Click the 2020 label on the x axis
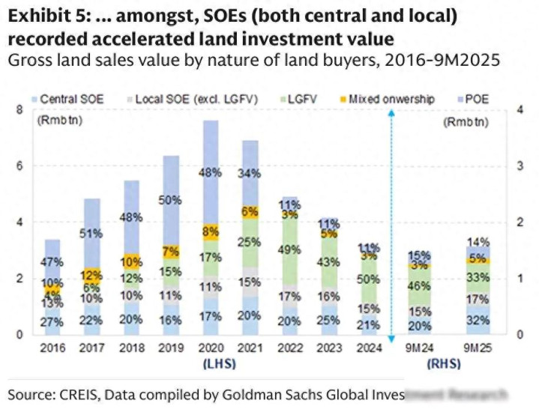211,348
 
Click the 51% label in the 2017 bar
91,234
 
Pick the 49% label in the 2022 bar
289,249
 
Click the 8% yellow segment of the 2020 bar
211,232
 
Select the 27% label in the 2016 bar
52,321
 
